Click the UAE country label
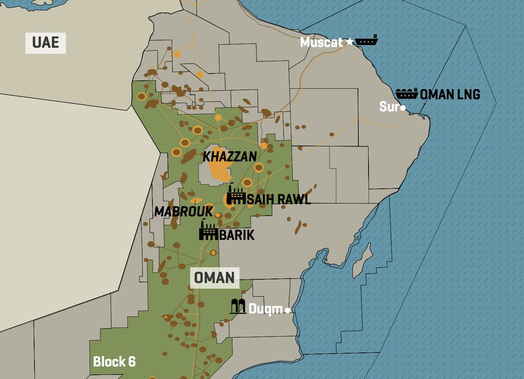click(45, 43)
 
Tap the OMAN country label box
click(214, 278)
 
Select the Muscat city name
click(321, 42)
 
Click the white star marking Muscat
click(349, 42)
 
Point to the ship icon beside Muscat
click(366, 41)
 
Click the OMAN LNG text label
click(450, 94)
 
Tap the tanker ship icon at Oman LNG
click(407, 93)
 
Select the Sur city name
click(389, 107)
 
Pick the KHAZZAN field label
click(230, 156)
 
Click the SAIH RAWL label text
click(279, 200)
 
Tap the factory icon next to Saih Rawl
click(236, 196)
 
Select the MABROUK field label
click(183, 212)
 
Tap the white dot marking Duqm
click(287, 310)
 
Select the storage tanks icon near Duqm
click(238, 307)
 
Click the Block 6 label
click(114, 362)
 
